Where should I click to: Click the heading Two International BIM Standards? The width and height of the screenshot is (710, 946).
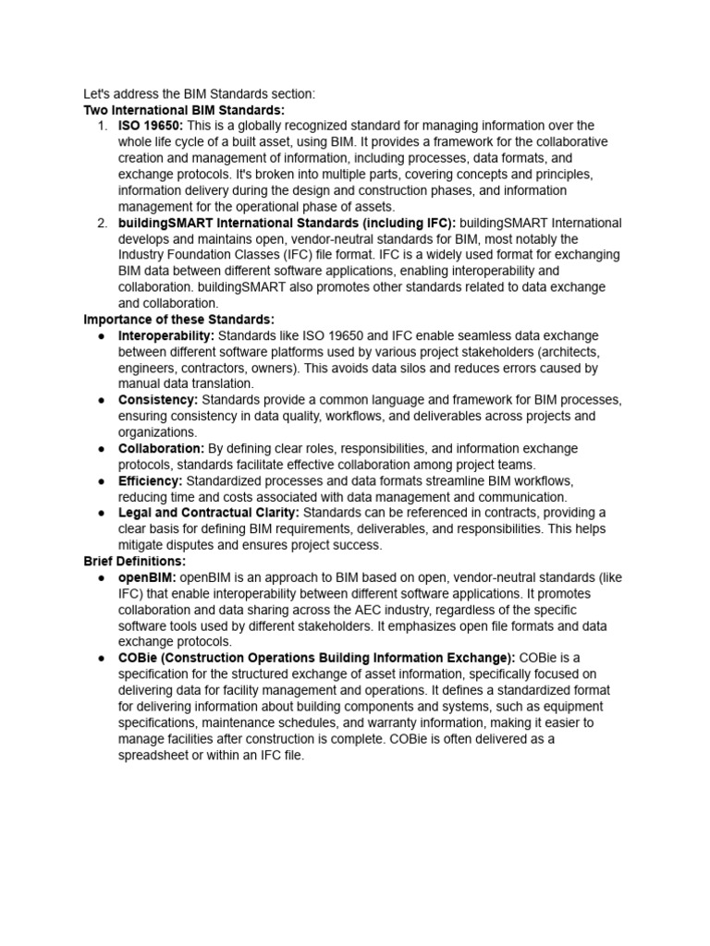pos(171,109)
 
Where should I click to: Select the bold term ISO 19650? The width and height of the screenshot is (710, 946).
pos(151,126)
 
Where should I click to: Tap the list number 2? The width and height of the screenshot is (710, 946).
pos(102,223)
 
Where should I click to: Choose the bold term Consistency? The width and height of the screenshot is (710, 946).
pos(158,400)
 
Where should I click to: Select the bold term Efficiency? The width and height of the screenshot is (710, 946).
pos(151,481)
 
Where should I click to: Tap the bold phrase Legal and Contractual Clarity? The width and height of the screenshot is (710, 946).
pos(207,513)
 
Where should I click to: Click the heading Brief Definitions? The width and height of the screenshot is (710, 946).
pos(134,562)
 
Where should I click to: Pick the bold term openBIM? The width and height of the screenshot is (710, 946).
pos(147,577)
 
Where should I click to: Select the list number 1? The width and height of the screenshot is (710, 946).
pos(102,126)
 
